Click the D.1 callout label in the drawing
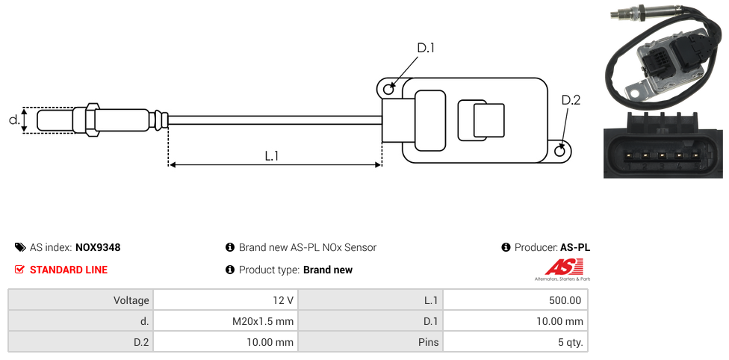[x=425, y=49]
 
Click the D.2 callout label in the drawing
[x=570, y=100]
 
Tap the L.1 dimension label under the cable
[x=271, y=156]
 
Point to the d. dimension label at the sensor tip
[x=13, y=120]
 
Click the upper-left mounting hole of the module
[x=388, y=90]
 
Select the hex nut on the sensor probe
[x=93, y=120]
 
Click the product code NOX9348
[x=97, y=247]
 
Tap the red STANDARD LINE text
[x=68, y=270]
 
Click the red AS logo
[x=558, y=267]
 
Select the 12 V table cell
[x=283, y=300]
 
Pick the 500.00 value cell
[x=564, y=300]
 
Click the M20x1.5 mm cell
[x=263, y=321]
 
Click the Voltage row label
[x=131, y=300]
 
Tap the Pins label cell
[x=427, y=343]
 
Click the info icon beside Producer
[x=506, y=247]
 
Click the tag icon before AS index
[x=20, y=247]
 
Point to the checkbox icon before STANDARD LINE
[x=20, y=270]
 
